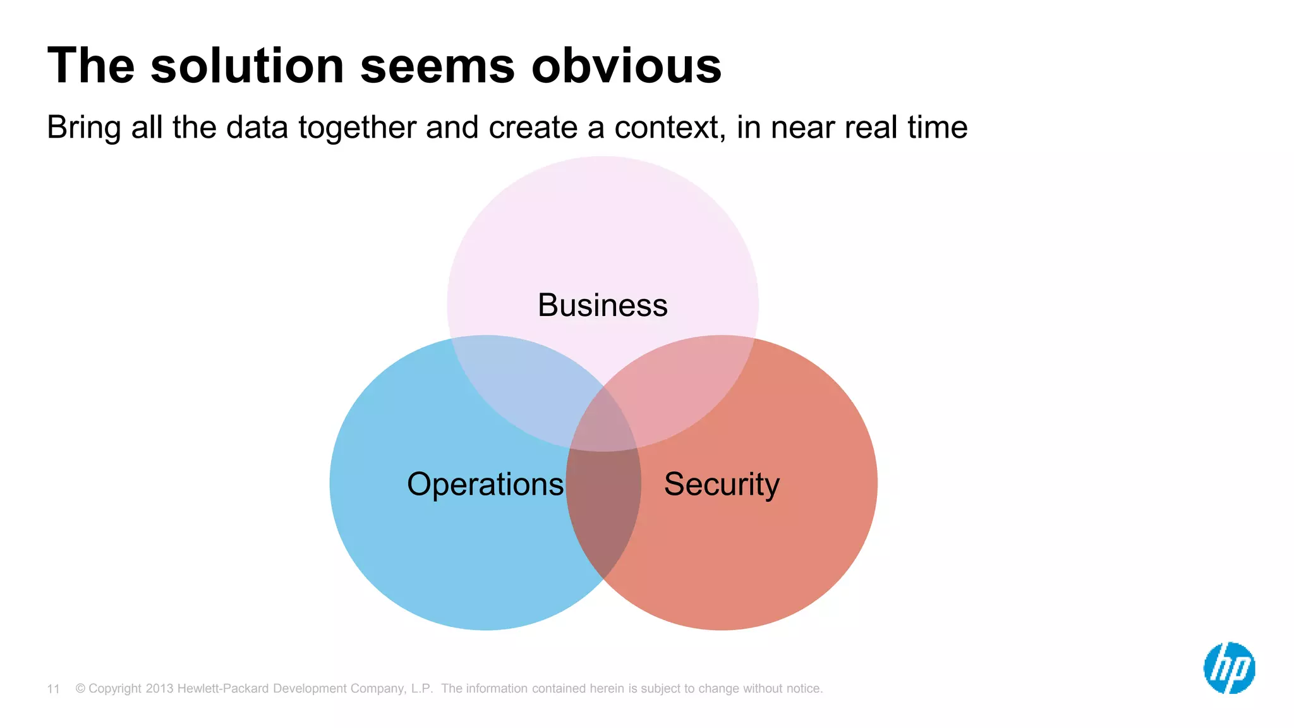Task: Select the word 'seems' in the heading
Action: [437, 66]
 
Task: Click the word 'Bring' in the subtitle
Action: [83, 128]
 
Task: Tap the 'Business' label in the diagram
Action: [602, 305]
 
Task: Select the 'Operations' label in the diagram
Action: [485, 485]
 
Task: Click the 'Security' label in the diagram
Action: [722, 485]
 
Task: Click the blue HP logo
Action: [1229, 668]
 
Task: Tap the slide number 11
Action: [53, 689]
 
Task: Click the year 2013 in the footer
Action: [159, 688]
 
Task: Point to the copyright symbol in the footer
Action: [80, 688]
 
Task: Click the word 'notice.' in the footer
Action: [804, 688]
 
